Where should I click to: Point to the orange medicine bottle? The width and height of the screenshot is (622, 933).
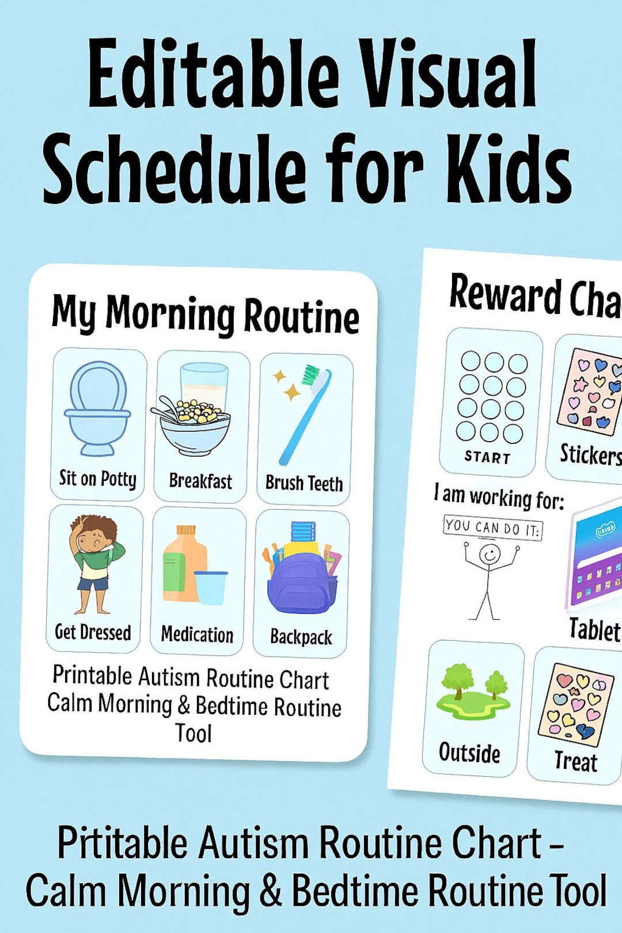(183, 564)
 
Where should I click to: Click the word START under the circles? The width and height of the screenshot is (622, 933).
(487, 457)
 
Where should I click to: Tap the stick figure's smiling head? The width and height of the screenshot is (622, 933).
(490, 555)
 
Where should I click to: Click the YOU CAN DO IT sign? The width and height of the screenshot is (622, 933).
(493, 526)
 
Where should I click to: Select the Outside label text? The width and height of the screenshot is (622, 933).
(469, 753)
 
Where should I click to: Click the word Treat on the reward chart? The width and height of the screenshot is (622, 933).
(575, 761)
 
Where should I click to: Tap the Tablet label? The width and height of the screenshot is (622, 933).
(594, 629)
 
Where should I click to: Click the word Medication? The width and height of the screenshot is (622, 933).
(198, 635)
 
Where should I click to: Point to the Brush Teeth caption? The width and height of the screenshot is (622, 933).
(304, 483)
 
